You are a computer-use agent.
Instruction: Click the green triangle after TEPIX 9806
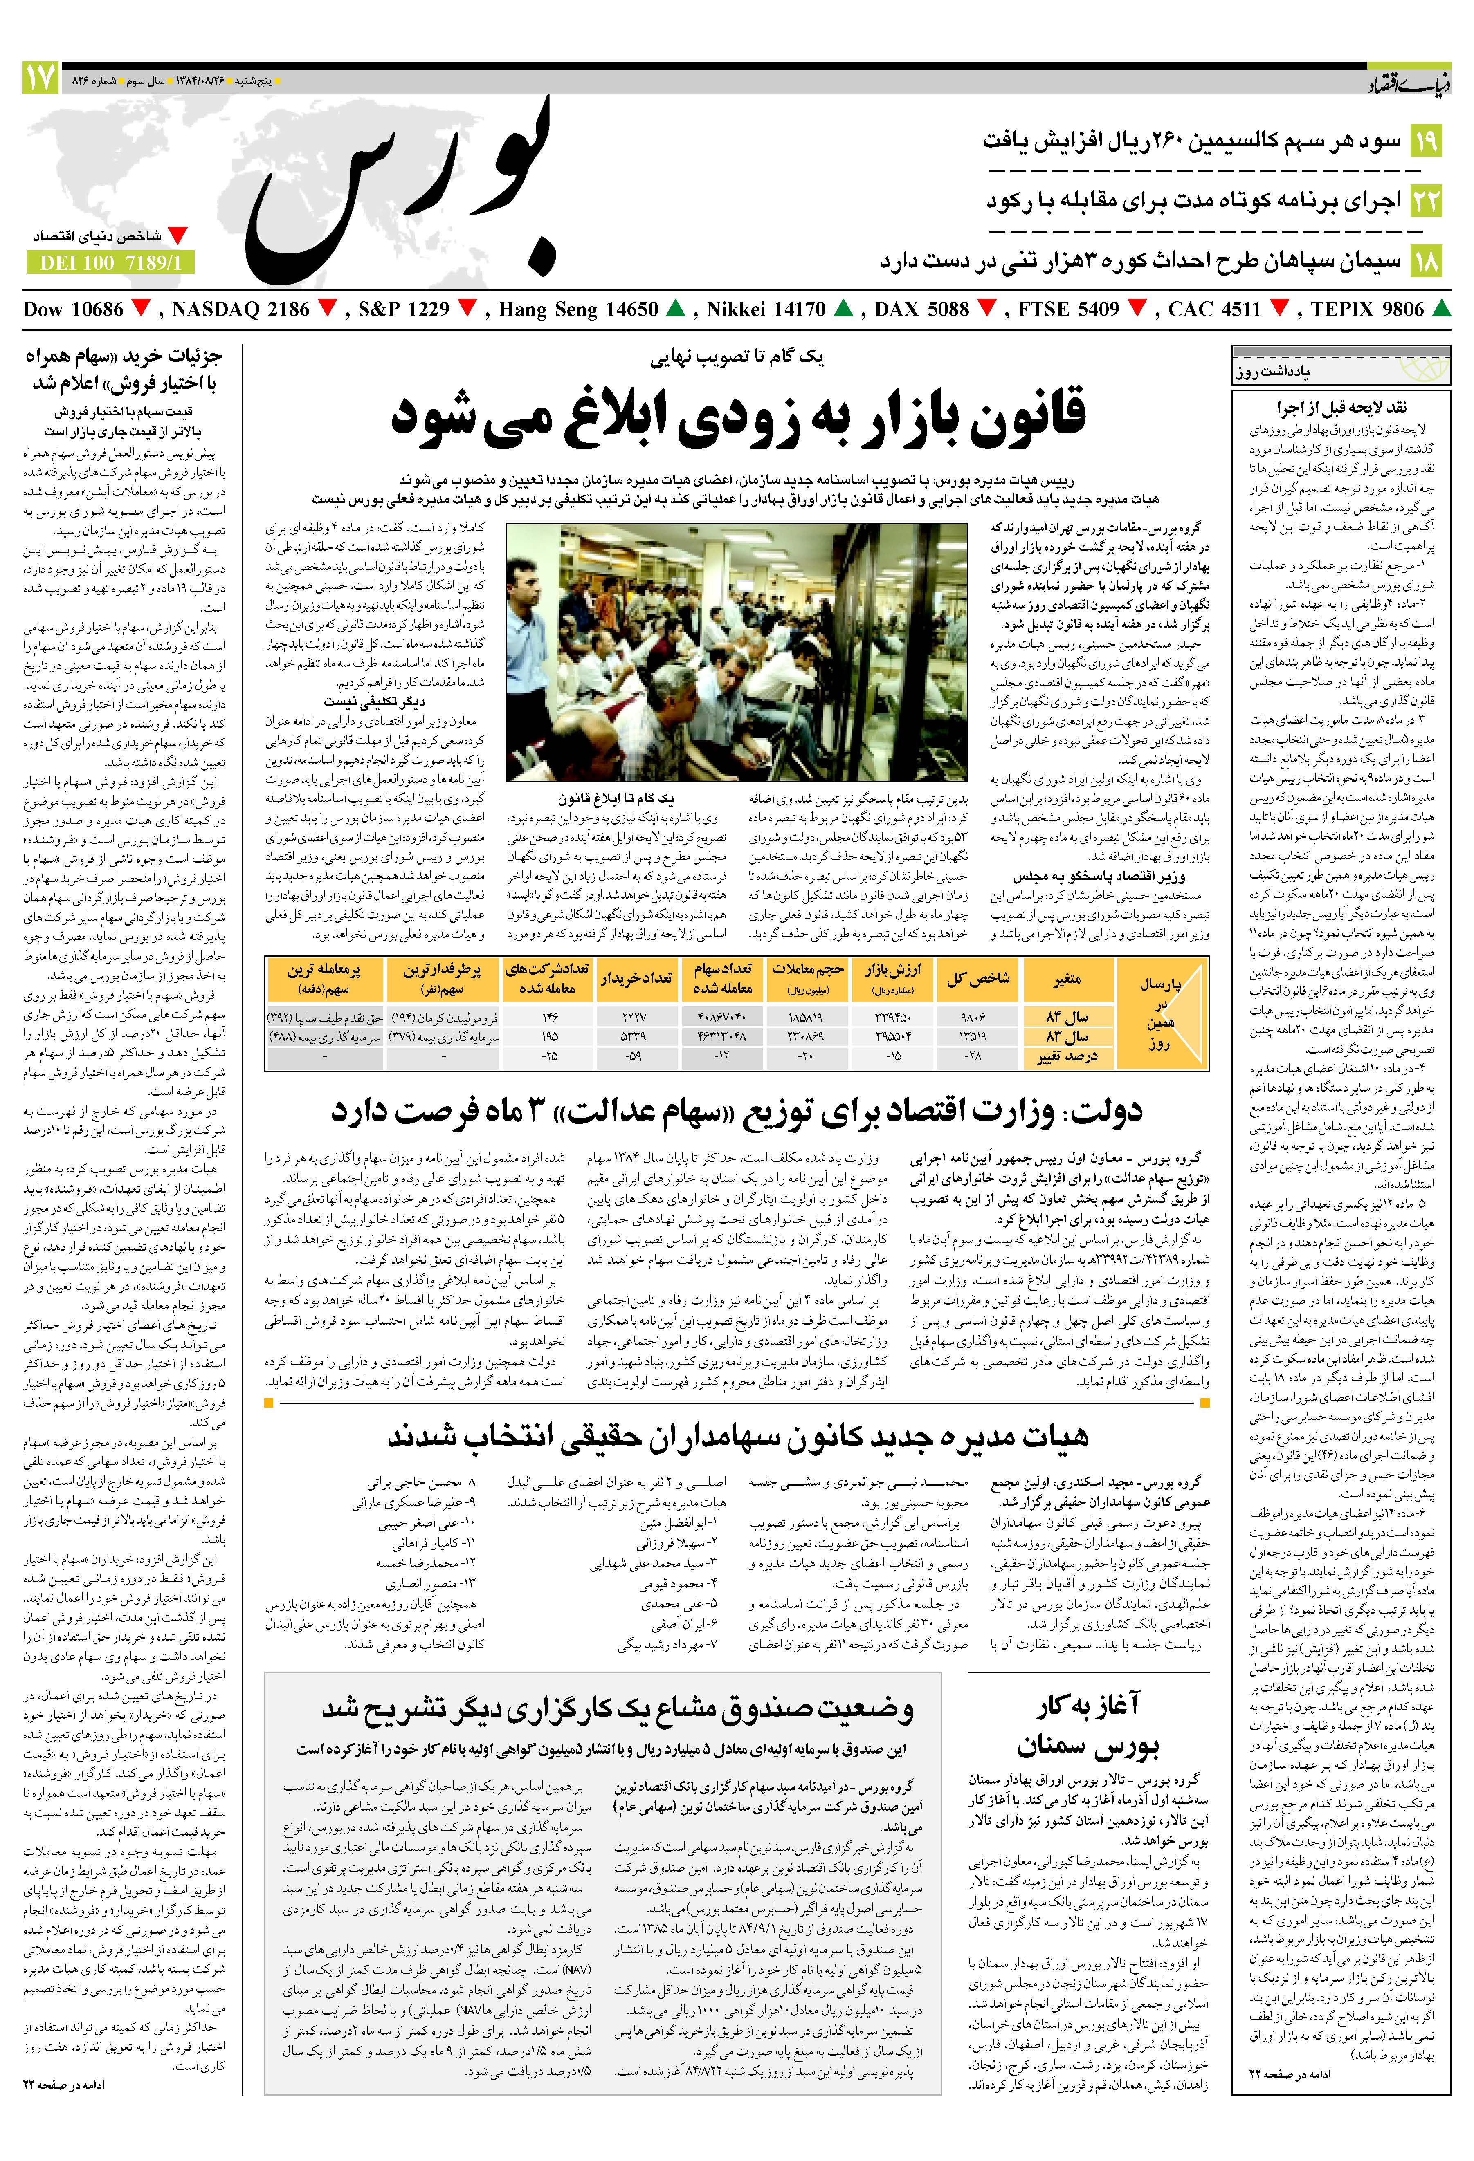click(1440, 309)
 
